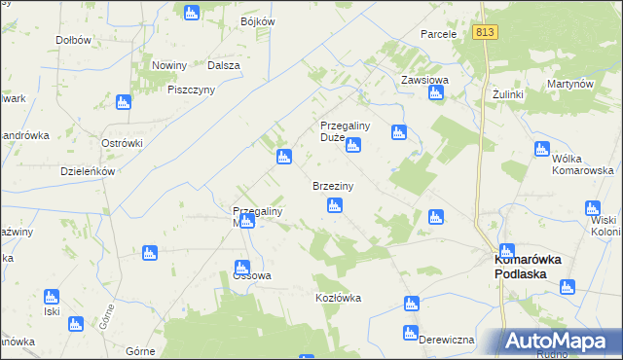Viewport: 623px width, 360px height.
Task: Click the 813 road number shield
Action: point(487,32)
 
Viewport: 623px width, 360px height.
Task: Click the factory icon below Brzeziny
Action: point(335,205)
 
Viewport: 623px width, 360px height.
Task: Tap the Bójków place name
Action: point(257,21)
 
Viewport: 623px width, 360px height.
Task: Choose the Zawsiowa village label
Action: point(424,81)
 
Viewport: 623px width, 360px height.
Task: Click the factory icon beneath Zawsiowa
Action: point(436,93)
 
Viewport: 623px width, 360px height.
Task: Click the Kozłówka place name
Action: point(338,298)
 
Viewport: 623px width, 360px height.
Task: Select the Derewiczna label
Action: point(446,340)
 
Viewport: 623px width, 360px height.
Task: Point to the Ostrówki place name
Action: point(123,143)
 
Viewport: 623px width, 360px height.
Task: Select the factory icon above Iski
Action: point(51,296)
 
